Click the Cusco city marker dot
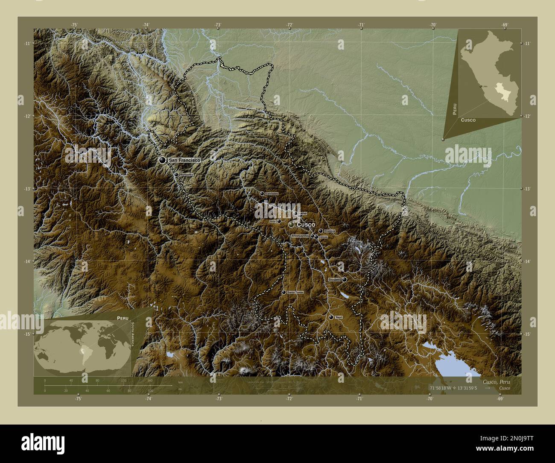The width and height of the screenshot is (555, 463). (x=291, y=225)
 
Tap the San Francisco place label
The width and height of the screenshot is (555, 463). (x=184, y=160)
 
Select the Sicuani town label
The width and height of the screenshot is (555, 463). (x=334, y=279)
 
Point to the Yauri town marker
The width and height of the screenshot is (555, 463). (x=331, y=317)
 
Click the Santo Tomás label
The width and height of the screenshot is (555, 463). (x=295, y=292)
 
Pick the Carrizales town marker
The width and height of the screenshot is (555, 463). (x=262, y=193)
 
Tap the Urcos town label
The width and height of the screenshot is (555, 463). (x=323, y=236)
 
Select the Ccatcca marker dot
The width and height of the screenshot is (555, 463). (x=321, y=231)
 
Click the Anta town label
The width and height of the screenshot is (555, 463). (x=273, y=221)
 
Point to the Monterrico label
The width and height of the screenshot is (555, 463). (x=187, y=175)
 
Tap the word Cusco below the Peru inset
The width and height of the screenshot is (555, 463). (x=468, y=120)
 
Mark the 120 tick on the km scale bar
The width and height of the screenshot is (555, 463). (x=124, y=380)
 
